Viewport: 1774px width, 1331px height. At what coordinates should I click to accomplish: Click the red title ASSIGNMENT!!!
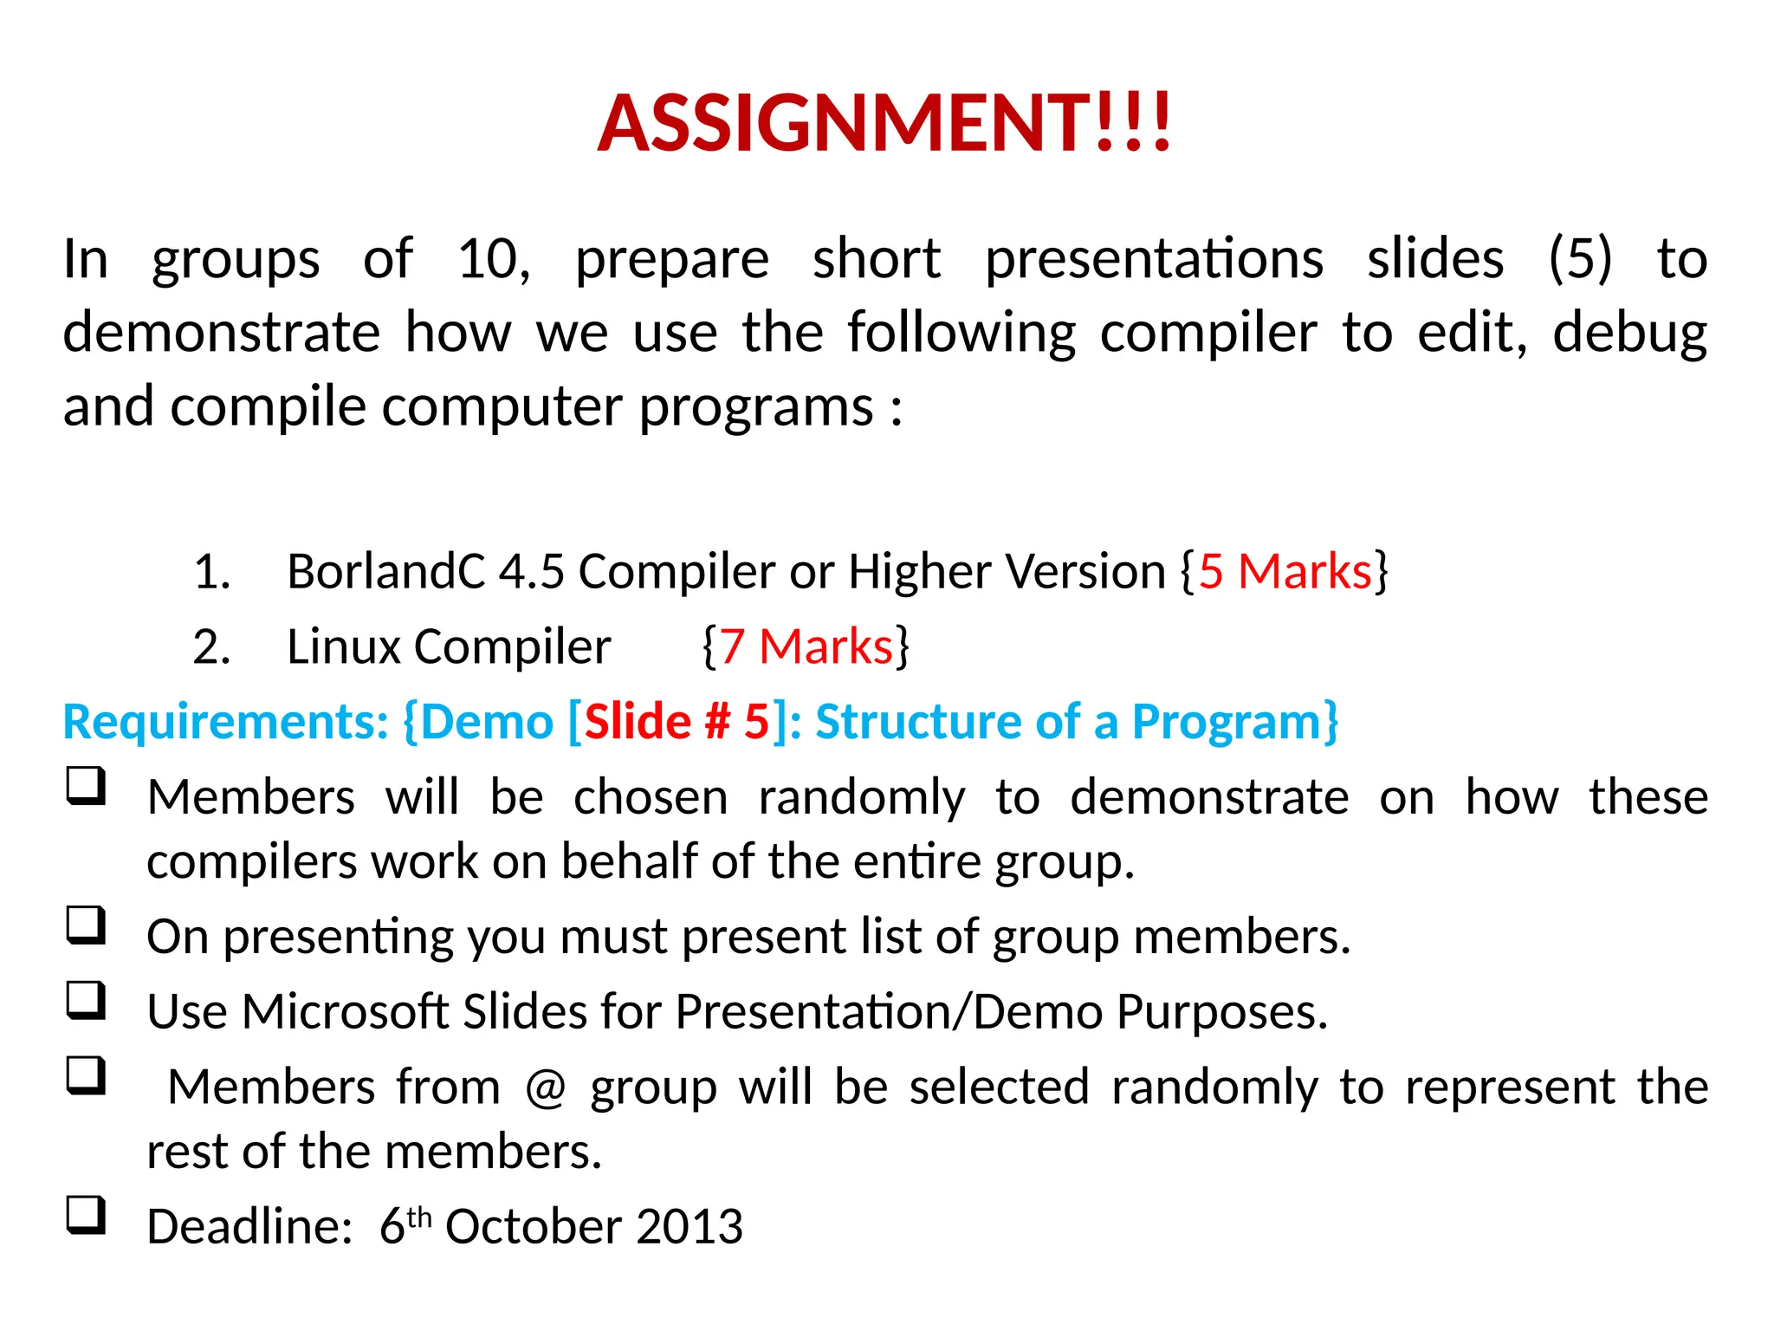884,123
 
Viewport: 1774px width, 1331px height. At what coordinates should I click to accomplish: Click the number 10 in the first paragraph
490,258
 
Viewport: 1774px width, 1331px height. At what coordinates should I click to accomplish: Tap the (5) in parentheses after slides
1580,258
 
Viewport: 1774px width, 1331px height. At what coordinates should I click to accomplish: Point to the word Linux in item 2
344,646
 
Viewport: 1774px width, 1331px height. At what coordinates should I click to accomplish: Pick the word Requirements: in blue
226,722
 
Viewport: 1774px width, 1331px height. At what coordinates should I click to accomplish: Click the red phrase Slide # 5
677,722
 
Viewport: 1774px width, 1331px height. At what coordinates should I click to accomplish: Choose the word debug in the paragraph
1629,333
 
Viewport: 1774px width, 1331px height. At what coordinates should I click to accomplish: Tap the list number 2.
211,646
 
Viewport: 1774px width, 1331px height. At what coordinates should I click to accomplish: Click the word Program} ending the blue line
1235,722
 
